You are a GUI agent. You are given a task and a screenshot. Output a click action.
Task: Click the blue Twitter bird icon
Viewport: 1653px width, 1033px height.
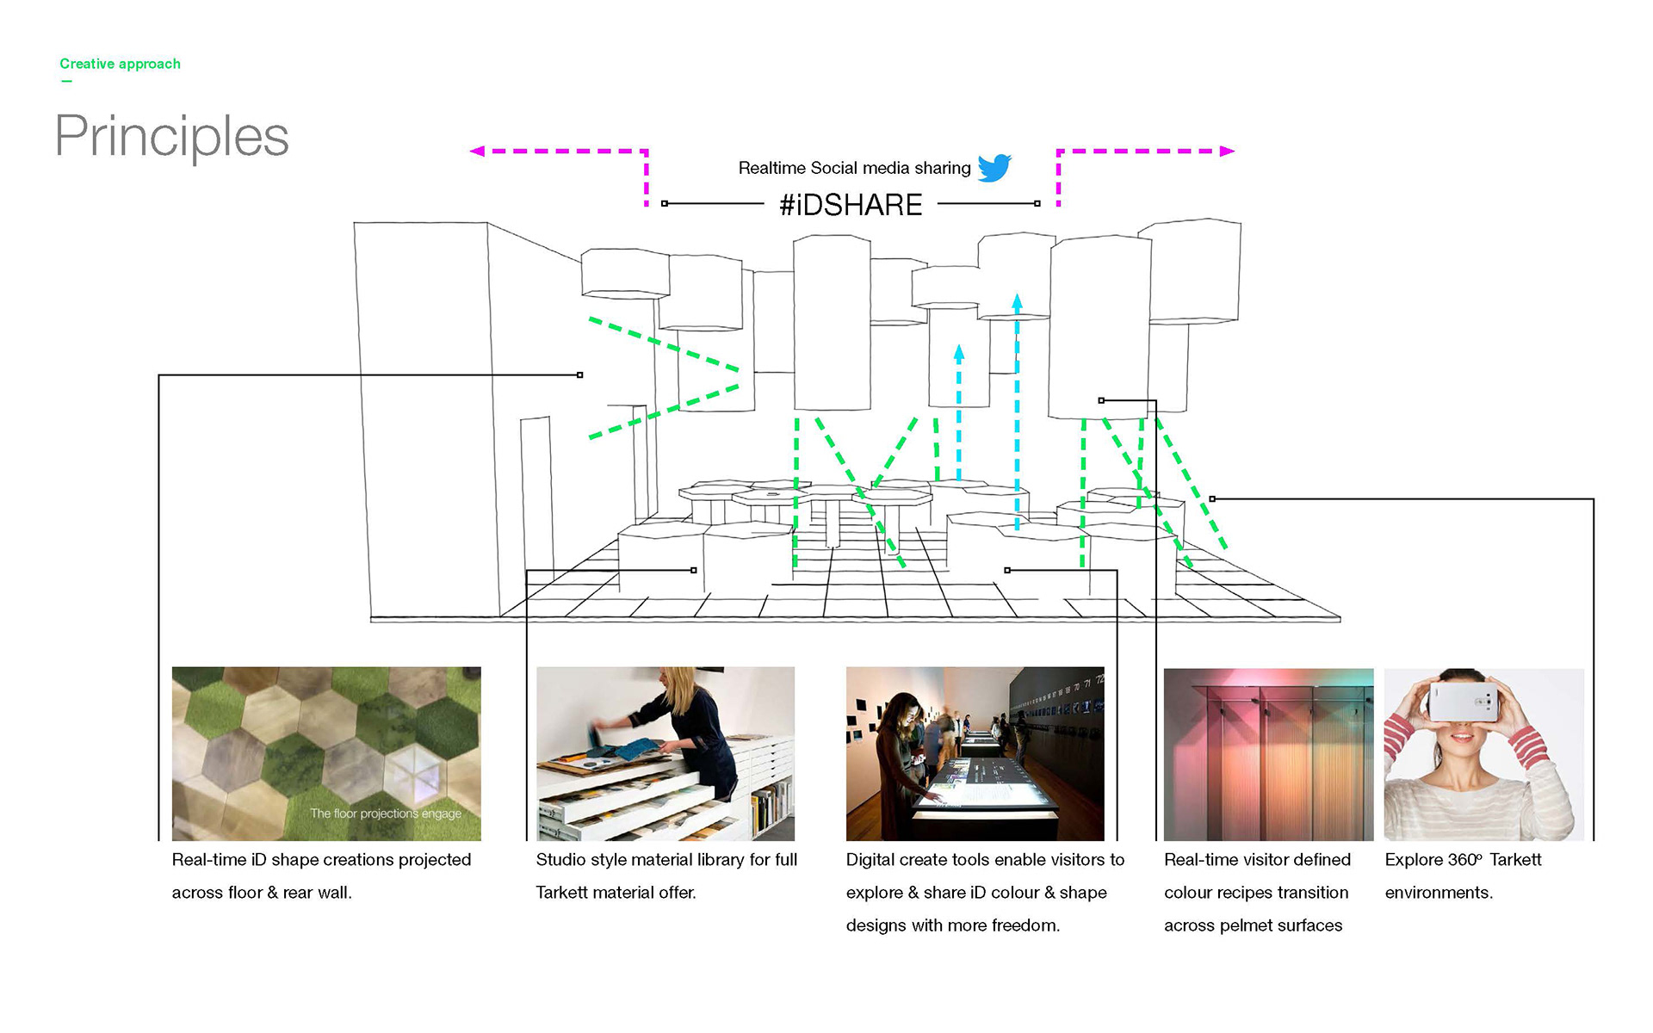(x=994, y=167)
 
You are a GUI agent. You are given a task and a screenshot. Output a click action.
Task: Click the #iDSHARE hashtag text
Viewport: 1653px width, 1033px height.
(x=851, y=205)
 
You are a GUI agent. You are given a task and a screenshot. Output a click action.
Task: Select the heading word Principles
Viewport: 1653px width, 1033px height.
(x=171, y=136)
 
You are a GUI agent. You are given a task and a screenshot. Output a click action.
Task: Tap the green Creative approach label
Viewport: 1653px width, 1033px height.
(x=120, y=64)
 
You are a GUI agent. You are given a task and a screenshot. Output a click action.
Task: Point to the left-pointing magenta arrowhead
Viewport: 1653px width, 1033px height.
(x=477, y=152)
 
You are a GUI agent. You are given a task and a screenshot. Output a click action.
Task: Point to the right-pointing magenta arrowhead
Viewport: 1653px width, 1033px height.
(x=1227, y=152)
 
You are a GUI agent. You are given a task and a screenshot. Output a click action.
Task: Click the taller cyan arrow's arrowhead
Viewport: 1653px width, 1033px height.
(x=1017, y=302)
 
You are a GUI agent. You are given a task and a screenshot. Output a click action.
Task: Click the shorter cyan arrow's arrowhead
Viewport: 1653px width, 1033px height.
(x=959, y=352)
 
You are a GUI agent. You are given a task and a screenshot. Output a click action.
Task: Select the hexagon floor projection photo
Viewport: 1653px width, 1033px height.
(x=326, y=753)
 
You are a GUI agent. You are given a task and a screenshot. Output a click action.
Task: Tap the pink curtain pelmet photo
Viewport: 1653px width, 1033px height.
(x=1268, y=754)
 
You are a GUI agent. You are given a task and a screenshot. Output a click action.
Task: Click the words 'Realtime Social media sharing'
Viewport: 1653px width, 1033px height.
(x=854, y=168)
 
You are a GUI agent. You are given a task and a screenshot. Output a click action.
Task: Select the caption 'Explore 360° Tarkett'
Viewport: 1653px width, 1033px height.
(x=1463, y=860)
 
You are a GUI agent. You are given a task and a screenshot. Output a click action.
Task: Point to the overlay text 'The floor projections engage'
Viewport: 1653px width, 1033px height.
(x=386, y=813)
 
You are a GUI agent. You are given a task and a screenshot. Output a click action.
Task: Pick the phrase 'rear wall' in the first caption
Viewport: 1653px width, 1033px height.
(x=316, y=893)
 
